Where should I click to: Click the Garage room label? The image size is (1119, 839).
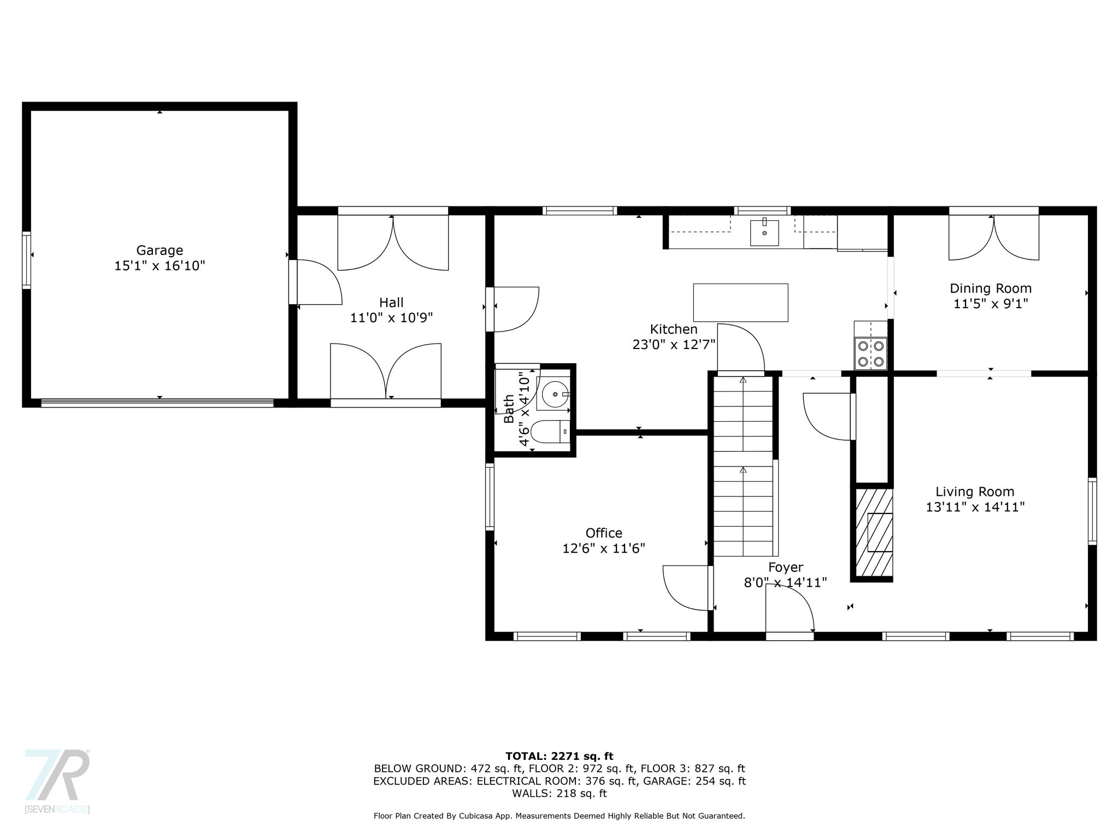tap(160, 250)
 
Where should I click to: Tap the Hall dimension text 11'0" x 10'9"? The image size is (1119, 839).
tap(392, 318)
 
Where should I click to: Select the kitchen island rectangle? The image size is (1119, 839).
tap(740, 303)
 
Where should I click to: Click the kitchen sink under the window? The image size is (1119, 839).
tap(764, 232)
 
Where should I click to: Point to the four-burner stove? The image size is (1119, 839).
tap(871, 353)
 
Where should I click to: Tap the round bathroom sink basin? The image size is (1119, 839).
tap(555, 393)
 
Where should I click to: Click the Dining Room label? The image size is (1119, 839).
tap(991, 288)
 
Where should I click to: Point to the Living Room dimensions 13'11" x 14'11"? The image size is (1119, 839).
tap(975, 507)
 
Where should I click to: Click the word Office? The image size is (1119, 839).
tap(604, 533)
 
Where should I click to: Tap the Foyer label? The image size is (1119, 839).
tap(786, 567)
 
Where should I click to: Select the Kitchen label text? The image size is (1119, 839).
tap(674, 329)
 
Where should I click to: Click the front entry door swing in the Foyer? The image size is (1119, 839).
tap(790, 608)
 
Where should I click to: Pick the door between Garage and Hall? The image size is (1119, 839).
tap(316, 282)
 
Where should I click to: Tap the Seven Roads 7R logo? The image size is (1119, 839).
tap(57, 781)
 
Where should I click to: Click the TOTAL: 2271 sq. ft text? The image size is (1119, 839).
tap(559, 757)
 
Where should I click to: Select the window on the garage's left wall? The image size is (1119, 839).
tap(26, 260)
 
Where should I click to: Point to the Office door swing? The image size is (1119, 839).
tap(688, 588)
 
